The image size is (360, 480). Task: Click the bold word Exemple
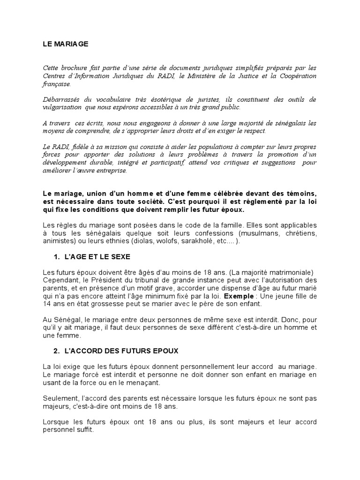(237, 297)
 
